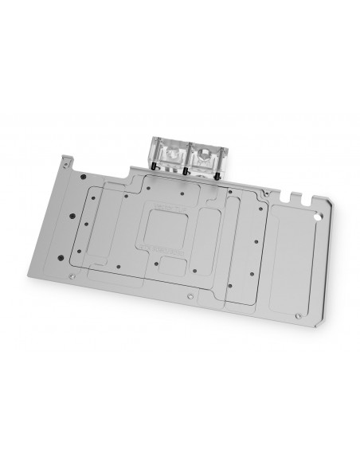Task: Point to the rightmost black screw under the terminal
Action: point(220,178)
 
